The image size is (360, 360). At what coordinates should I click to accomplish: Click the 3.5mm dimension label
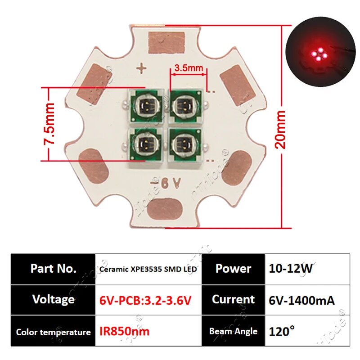coord(188,68)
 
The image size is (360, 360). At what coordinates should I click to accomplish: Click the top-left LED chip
coord(145,106)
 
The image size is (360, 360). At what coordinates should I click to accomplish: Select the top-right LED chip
coord(185,106)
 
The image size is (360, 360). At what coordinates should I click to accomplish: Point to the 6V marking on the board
coord(166,183)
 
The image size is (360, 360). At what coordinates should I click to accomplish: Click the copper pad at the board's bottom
coord(165,209)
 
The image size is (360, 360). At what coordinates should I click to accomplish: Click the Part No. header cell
coord(53,269)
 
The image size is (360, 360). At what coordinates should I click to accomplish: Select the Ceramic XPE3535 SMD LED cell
coord(149,269)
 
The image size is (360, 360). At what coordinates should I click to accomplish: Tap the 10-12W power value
coord(291,269)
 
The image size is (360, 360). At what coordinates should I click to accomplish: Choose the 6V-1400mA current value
coord(301,300)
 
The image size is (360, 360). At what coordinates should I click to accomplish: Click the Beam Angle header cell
coord(233,332)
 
